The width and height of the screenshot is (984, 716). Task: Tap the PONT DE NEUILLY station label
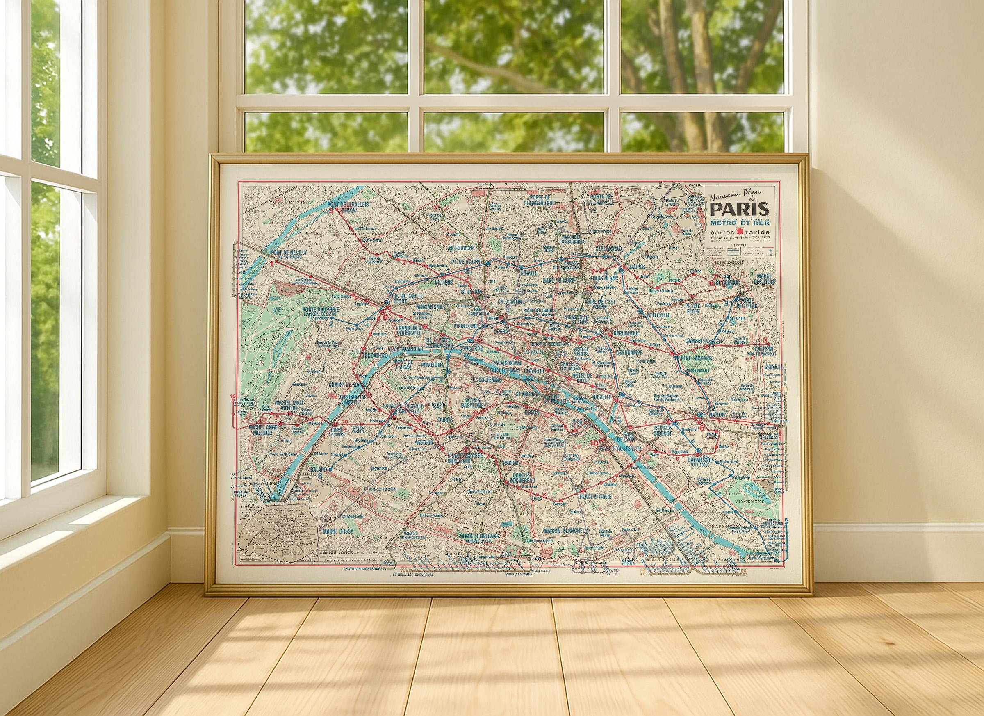click(x=288, y=253)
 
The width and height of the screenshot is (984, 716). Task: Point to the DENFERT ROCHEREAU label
click(x=522, y=477)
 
